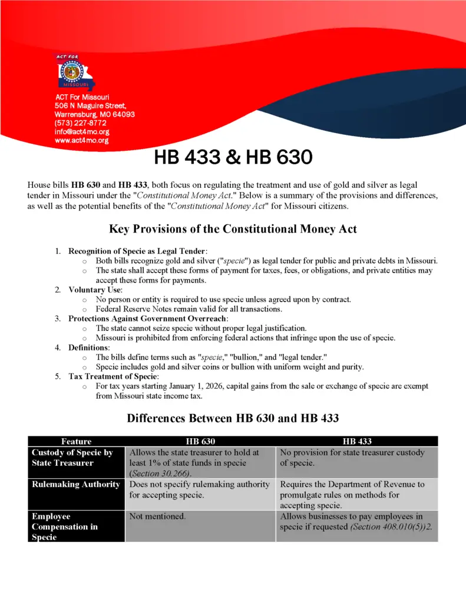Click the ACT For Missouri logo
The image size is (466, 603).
(74, 71)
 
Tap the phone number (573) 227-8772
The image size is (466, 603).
(80, 123)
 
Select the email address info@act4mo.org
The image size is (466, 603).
(82, 132)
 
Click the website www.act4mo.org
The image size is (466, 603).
(81, 141)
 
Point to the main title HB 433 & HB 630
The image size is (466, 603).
(233, 158)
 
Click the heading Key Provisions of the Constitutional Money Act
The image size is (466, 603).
(233, 229)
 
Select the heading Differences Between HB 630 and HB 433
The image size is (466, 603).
(233, 419)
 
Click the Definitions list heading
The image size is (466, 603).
(89, 347)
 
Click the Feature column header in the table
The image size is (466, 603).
(76, 441)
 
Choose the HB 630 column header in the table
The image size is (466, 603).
(200, 441)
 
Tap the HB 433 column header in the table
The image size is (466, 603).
(357, 441)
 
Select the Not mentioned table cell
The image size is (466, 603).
(157, 516)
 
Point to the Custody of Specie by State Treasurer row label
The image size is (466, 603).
(72, 458)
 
